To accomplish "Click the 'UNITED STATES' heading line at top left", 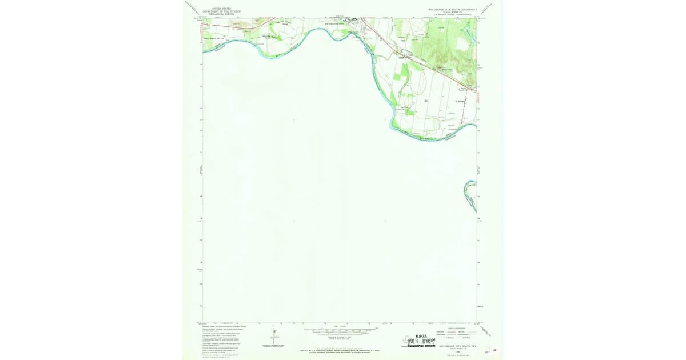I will point(221,9).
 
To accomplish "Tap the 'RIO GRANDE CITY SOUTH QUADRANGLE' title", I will point(452,9).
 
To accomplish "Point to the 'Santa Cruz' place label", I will point(446,70).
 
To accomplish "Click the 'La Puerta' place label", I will point(463,89).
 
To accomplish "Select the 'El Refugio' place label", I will point(460,101).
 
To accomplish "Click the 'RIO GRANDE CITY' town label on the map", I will point(335,24).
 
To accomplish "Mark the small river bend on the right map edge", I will point(470,196).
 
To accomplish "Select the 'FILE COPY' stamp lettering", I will point(418,341).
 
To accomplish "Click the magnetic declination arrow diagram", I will point(273,337).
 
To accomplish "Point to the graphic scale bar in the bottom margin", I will point(341,330).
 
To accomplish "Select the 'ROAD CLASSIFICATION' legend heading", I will point(456,328).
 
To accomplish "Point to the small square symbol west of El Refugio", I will point(426,101).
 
